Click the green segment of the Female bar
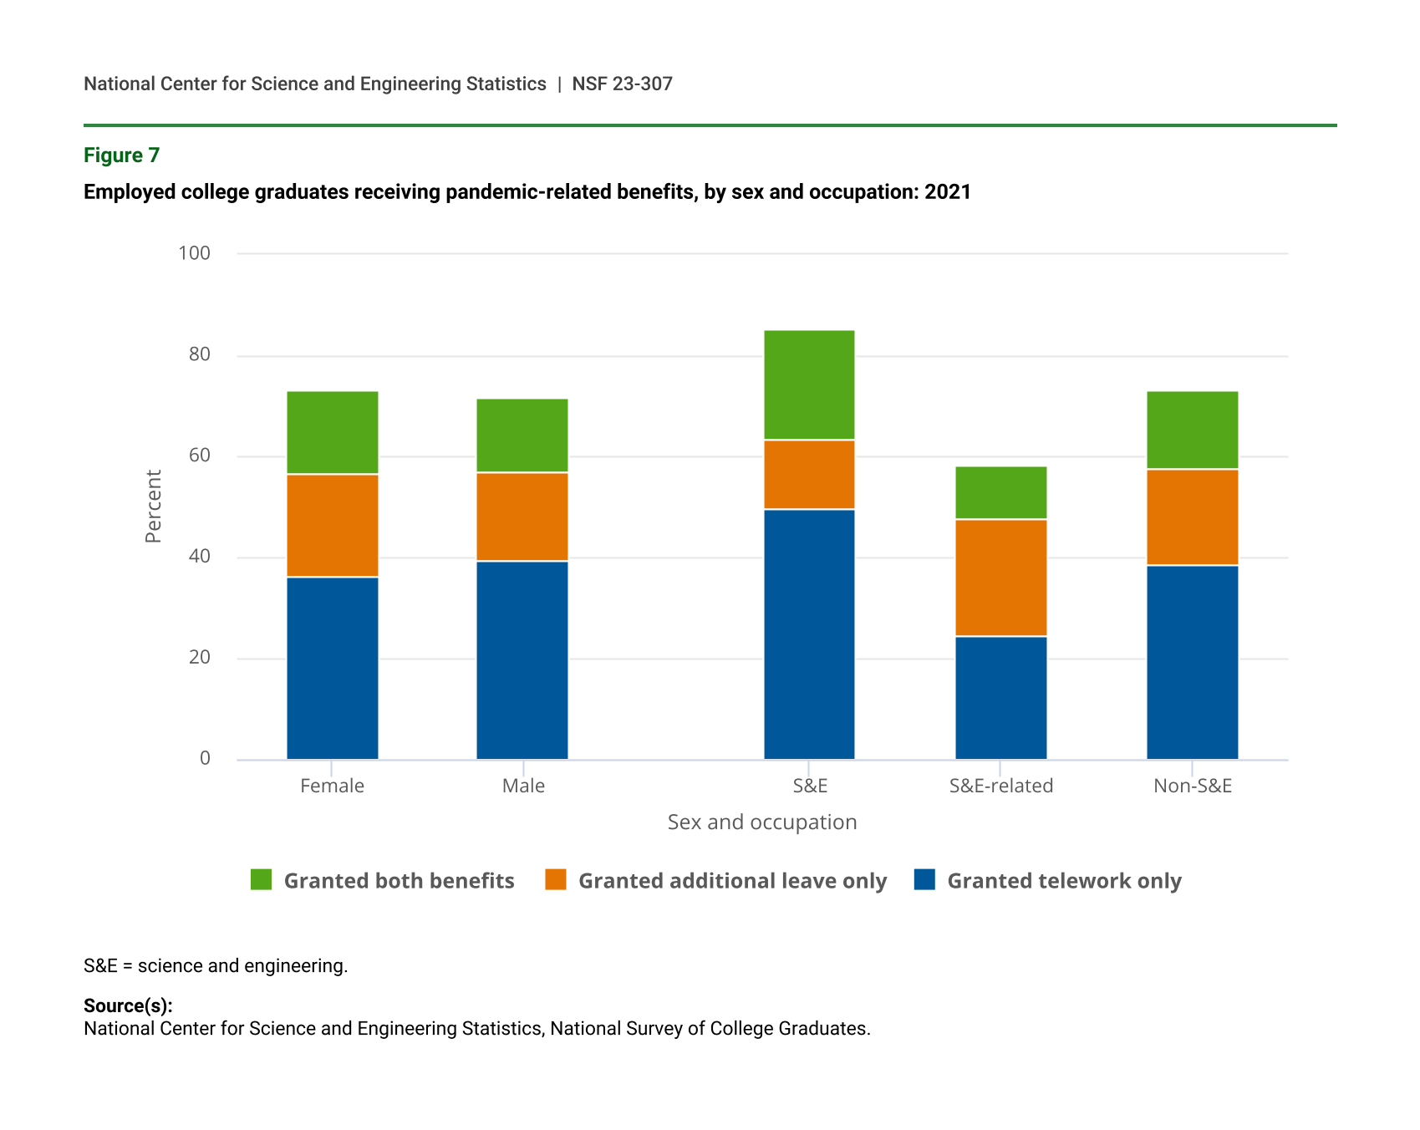point(332,432)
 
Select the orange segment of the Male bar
point(522,517)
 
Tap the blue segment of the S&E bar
point(809,634)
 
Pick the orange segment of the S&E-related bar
point(1000,578)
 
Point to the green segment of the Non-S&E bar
point(1192,430)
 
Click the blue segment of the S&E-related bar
point(1000,698)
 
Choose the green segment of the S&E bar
point(809,384)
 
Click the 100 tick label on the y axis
point(194,253)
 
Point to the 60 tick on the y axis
point(200,456)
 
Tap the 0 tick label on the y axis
point(205,759)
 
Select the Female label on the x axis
point(332,786)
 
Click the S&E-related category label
point(1000,786)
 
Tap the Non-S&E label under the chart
point(1192,786)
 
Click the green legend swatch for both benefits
point(262,880)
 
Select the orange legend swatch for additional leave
point(556,880)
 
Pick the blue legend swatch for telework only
point(924,880)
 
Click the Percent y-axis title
point(153,506)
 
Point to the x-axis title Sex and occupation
point(761,822)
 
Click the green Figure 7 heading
point(121,155)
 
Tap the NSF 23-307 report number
point(622,84)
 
